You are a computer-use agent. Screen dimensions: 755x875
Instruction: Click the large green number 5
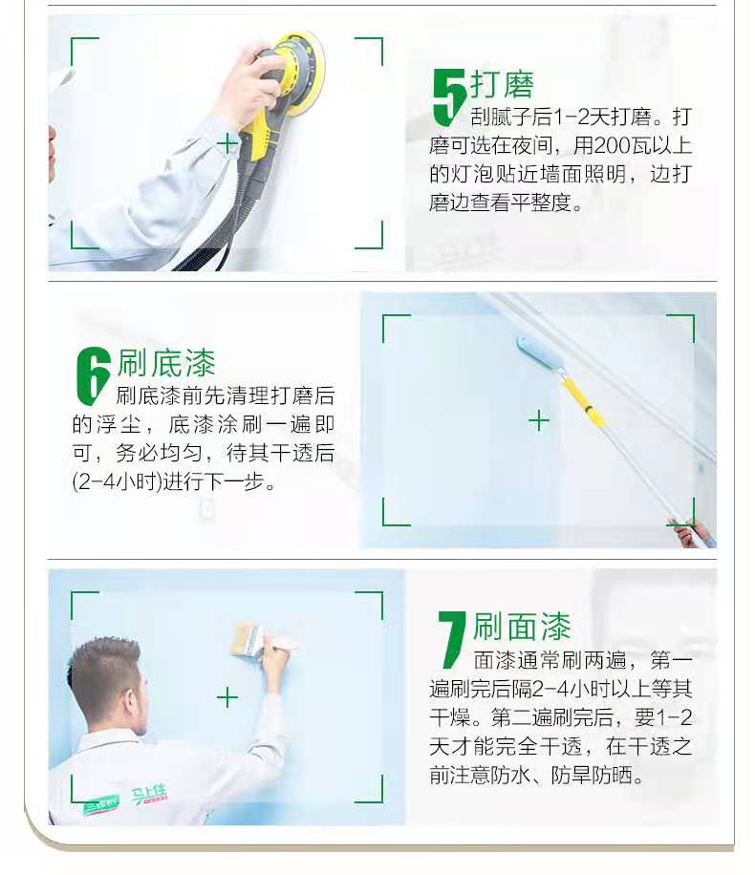pyautogui.click(x=448, y=97)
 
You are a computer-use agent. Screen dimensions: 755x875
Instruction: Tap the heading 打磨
pyautogui.click(x=502, y=84)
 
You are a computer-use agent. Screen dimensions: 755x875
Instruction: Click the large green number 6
pyautogui.click(x=94, y=375)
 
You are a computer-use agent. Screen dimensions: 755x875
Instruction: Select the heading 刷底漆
pyautogui.click(x=166, y=362)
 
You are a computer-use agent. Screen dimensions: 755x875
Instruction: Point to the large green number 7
pyautogui.click(x=451, y=639)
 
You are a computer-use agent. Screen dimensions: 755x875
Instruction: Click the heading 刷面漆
pyautogui.click(x=522, y=626)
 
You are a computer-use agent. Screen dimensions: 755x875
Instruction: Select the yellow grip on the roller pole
pyautogui.click(x=582, y=402)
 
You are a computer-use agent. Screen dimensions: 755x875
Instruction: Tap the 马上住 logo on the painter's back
pyautogui.click(x=149, y=795)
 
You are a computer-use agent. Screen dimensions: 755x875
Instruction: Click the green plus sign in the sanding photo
pyautogui.click(x=227, y=144)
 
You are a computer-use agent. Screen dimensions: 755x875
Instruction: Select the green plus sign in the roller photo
pyautogui.click(x=539, y=420)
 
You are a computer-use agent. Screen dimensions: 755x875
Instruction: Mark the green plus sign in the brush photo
pyautogui.click(x=227, y=697)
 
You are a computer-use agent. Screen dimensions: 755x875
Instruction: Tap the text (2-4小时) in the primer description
pyautogui.click(x=118, y=481)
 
